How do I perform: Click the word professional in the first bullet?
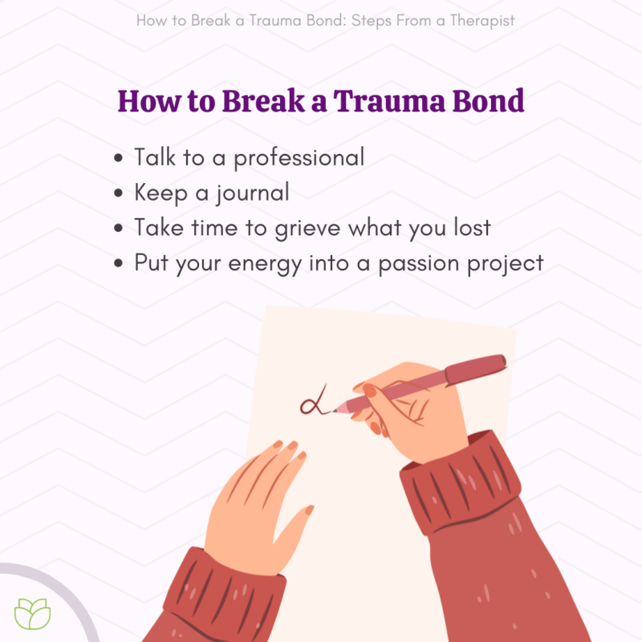click(299, 158)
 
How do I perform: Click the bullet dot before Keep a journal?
click(120, 193)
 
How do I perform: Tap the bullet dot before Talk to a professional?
click(120, 158)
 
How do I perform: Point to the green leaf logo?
click(33, 613)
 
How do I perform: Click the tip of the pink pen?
click(335, 411)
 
